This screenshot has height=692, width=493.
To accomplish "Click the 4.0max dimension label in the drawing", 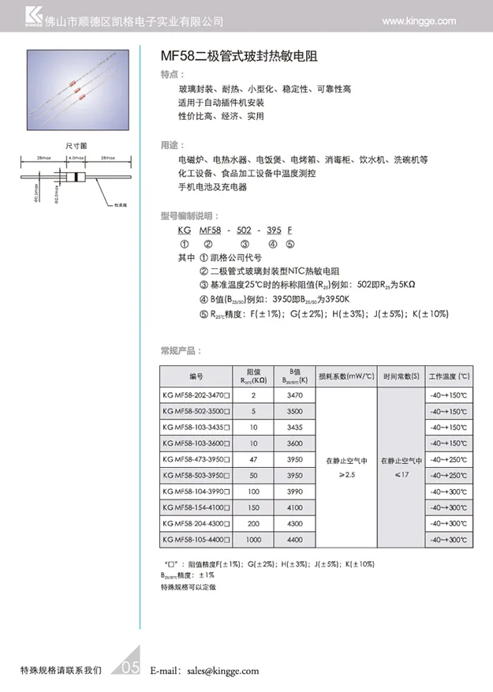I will tap(77, 159).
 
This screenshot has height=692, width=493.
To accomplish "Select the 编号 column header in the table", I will tap(196, 376).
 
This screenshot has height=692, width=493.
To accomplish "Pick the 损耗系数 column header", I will tap(345, 376).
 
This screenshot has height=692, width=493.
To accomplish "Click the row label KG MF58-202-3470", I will tap(196, 393).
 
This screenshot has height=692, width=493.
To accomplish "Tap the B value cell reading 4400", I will tap(295, 541).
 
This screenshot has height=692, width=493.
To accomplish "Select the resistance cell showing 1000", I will tap(253, 541).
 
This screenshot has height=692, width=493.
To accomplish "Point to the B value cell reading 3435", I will tap(295, 426).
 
